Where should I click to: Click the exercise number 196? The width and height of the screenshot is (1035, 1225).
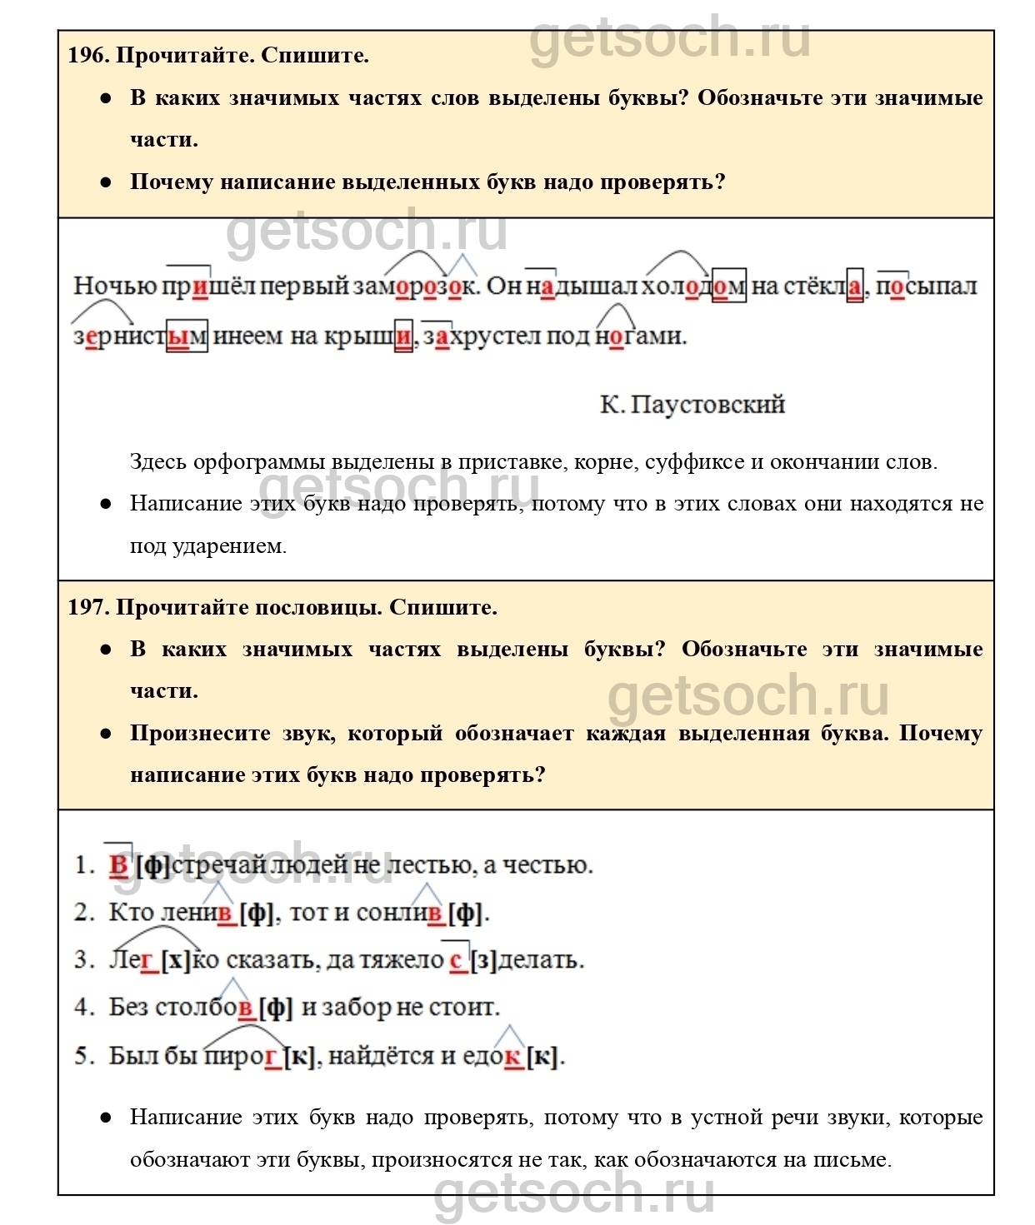point(87,56)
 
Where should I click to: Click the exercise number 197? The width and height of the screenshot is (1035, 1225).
point(87,608)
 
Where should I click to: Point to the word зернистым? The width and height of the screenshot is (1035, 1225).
point(140,336)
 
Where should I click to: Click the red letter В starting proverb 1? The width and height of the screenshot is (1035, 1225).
point(118,865)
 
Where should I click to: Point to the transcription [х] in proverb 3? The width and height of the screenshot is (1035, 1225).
point(176,960)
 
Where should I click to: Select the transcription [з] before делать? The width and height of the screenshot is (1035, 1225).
point(484,960)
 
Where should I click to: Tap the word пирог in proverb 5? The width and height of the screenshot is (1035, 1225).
point(242,1056)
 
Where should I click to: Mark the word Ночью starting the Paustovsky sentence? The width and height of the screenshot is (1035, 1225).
point(115,286)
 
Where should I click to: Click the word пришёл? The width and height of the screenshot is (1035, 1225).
point(208,286)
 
